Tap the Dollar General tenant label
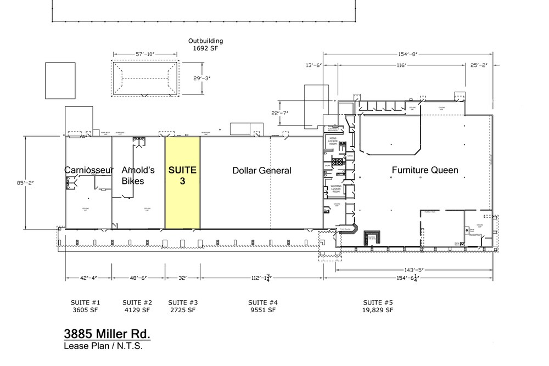tap(262, 171)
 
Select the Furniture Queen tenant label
tap(424, 170)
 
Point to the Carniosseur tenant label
tap(89, 170)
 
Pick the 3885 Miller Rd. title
tap(107, 334)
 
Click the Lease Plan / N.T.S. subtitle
tap(106, 346)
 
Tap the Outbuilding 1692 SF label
tap(206, 44)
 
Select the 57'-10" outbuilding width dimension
tap(145, 54)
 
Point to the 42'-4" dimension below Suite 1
tap(88, 278)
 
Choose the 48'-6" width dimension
tap(138, 278)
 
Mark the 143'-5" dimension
tap(415, 270)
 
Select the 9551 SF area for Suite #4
tap(262, 310)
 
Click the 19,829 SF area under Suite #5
tap(378, 310)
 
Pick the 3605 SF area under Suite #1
tap(85, 310)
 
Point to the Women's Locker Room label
tap(336, 190)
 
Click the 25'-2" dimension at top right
tap(479, 66)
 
